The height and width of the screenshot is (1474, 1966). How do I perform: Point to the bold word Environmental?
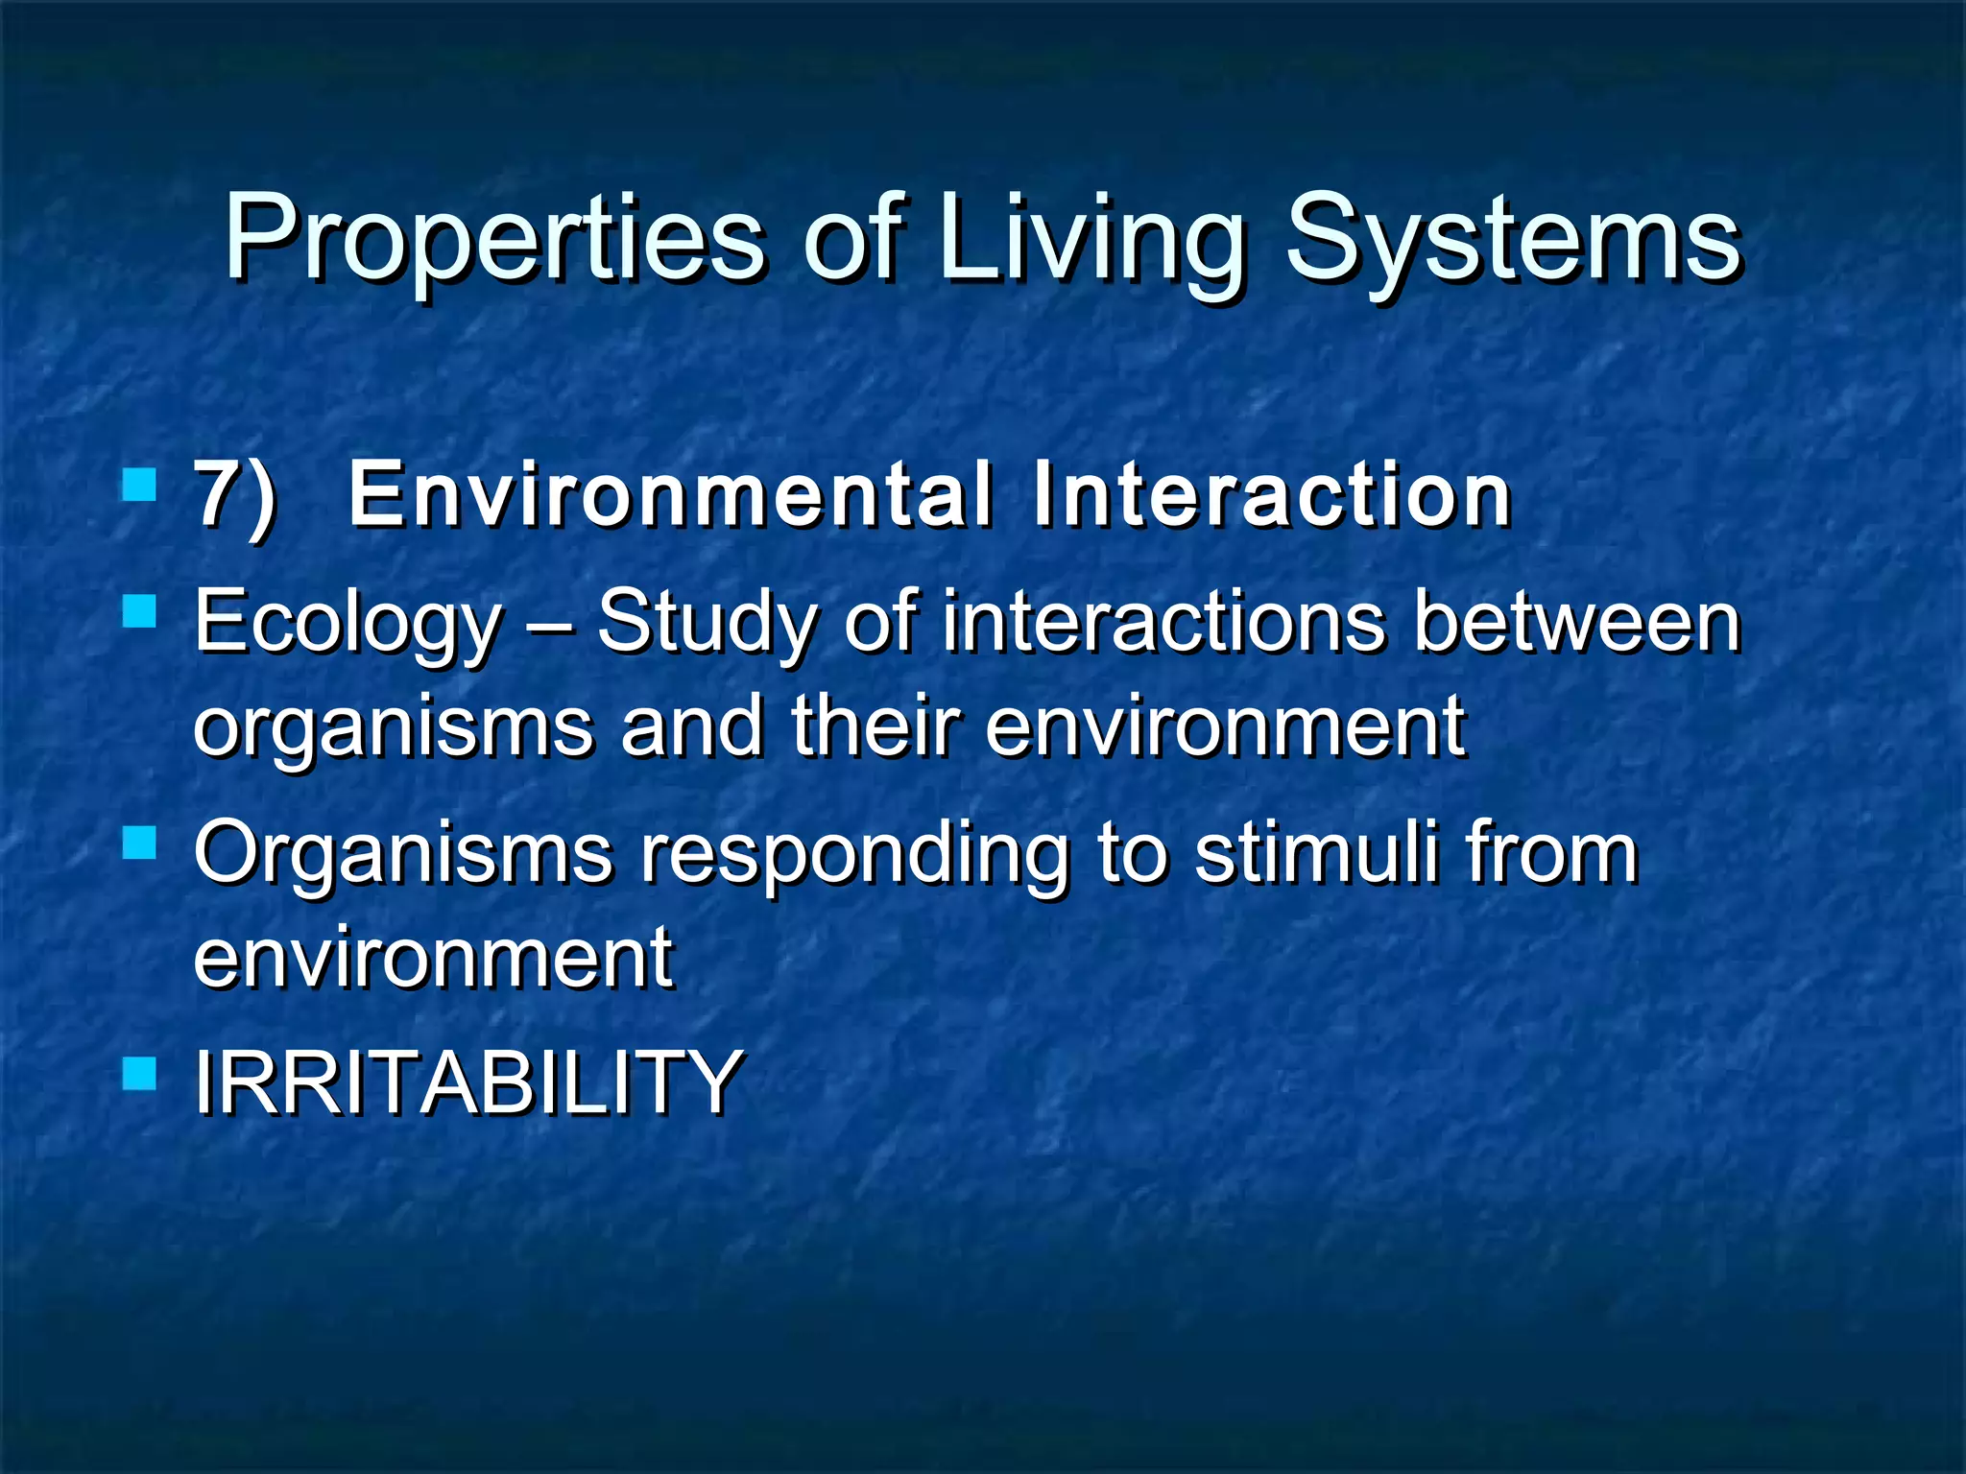[x=670, y=495]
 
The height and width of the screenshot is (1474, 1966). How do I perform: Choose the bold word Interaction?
[x=1272, y=495]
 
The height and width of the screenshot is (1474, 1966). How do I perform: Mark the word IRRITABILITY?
[x=468, y=1082]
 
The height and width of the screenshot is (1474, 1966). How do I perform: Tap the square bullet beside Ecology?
[x=140, y=611]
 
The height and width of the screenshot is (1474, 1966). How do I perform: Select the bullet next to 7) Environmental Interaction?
[x=140, y=485]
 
